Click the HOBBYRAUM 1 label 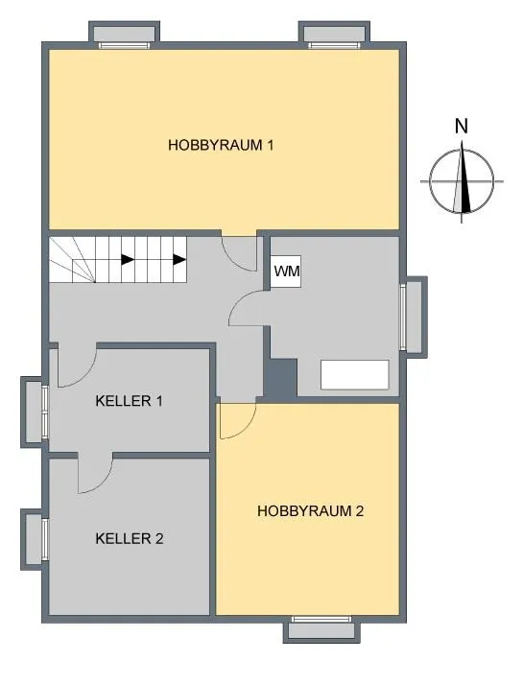click(221, 145)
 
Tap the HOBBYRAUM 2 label click(310, 510)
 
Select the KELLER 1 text click(130, 401)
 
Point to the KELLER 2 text click(130, 539)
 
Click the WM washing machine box click(286, 271)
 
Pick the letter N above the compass click(461, 126)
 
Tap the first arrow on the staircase click(128, 260)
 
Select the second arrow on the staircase click(179, 260)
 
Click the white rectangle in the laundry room click(355, 375)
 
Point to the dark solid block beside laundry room click(280, 378)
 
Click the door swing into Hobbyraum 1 click(238, 255)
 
